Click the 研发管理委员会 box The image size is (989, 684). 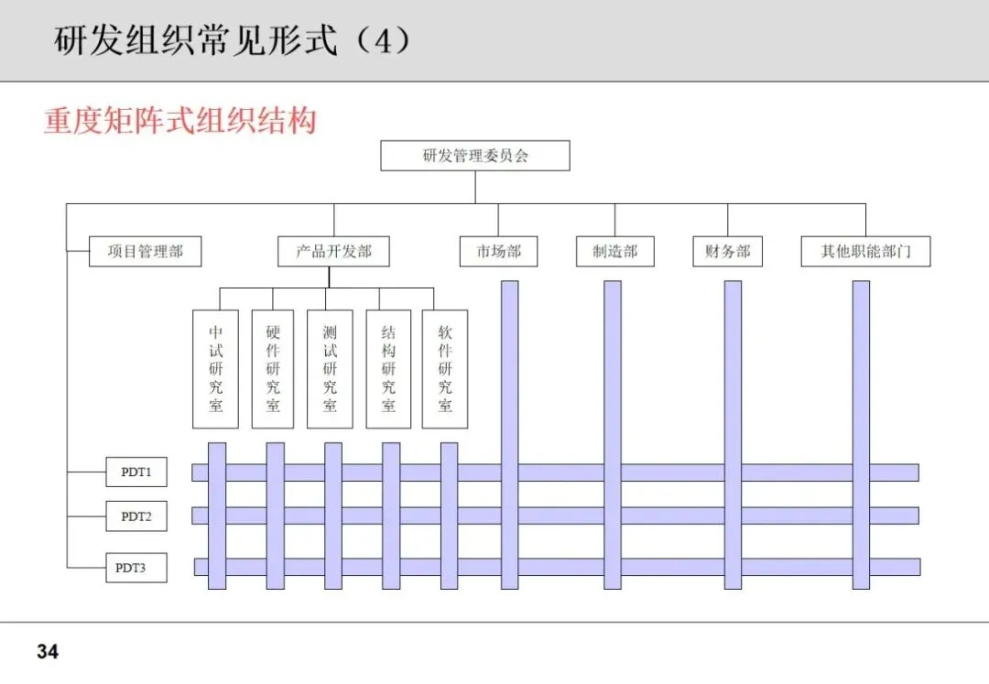(x=475, y=156)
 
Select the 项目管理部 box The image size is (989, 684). (x=145, y=252)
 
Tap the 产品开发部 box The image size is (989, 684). (x=333, y=252)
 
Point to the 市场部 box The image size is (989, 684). (x=498, y=252)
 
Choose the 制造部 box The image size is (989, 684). (x=614, y=252)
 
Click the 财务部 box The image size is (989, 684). (x=728, y=252)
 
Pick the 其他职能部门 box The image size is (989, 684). (x=865, y=252)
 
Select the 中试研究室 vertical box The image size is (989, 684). (x=216, y=368)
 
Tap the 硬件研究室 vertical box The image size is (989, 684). (x=273, y=368)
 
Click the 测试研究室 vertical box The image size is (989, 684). (x=330, y=368)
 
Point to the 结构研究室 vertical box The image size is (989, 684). (x=388, y=368)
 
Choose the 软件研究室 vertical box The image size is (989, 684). (x=445, y=368)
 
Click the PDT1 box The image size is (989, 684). (x=136, y=472)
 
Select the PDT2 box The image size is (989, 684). (x=136, y=516)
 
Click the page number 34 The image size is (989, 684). (x=48, y=653)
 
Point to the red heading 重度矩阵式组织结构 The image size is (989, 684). (x=179, y=122)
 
